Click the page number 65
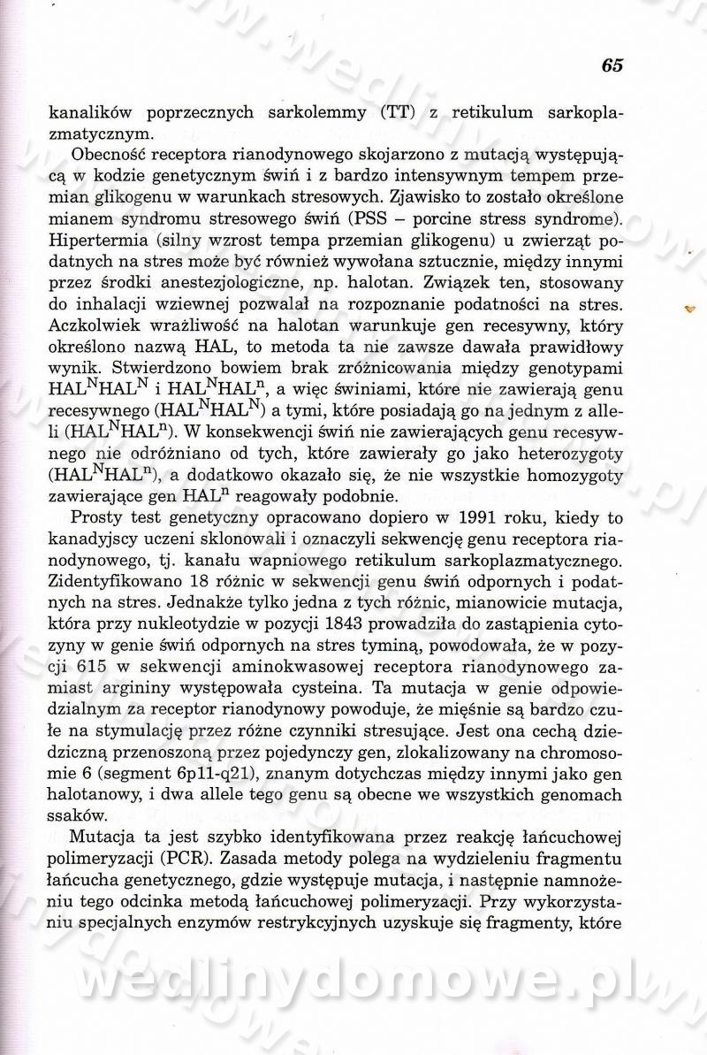612,65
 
